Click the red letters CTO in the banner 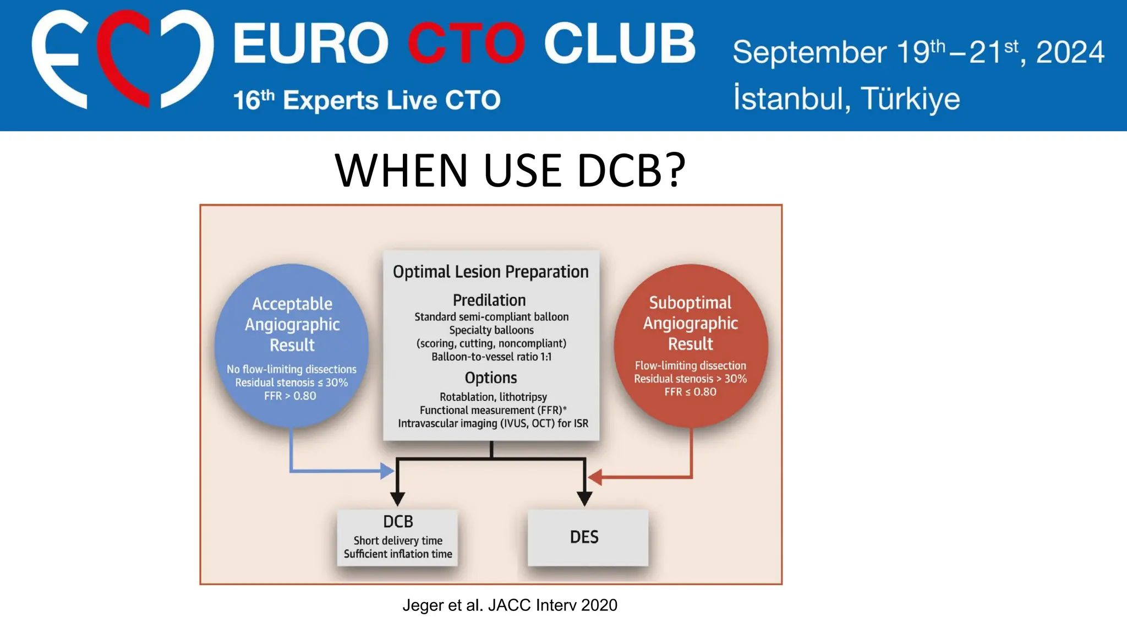point(466,44)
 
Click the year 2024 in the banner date point(1070,53)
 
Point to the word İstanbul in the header point(787,99)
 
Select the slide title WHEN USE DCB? point(510,170)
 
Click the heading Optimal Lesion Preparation point(490,272)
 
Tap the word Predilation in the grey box point(489,300)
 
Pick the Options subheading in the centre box point(490,378)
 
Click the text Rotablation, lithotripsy point(493,397)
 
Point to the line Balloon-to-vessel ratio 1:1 point(491,357)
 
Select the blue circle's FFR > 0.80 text point(290,396)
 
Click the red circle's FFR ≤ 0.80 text point(690,392)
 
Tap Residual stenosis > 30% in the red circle point(690,379)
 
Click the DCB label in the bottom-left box point(398,522)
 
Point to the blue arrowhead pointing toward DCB point(388,471)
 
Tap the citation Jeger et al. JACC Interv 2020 point(510,605)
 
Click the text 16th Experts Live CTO point(366,101)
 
